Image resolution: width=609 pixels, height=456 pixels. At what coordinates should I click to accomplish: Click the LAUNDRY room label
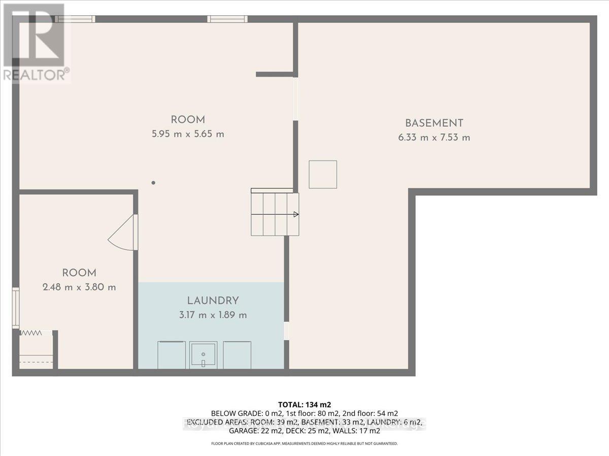point(213,300)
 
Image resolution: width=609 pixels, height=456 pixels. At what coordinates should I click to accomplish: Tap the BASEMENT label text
point(434,123)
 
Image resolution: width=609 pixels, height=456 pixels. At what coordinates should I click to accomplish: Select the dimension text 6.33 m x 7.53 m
point(434,137)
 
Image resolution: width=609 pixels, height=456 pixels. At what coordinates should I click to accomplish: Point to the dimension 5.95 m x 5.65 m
point(188,134)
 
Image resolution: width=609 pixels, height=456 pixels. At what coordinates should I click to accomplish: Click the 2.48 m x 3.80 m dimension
point(79,287)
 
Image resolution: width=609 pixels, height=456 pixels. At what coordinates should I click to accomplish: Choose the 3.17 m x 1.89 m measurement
point(213,315)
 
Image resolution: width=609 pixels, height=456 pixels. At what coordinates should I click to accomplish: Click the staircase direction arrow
point(295,214)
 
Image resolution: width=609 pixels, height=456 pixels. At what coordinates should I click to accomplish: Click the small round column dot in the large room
point(153,183)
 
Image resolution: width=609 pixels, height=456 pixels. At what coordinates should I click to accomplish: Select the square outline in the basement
point(323,174)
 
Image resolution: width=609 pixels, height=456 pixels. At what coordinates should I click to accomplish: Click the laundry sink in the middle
point(203,355)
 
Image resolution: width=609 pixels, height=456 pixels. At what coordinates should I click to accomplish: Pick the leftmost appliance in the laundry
point(172,355)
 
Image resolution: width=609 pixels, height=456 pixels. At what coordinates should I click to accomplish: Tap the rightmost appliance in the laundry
point(237,355)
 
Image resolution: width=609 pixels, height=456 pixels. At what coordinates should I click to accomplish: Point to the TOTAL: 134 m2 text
point(304,404)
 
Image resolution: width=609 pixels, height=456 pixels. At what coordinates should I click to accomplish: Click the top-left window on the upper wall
point(75,19)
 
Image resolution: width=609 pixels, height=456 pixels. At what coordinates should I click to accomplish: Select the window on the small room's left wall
point(16,308)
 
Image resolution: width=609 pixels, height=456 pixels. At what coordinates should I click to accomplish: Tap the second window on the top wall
point(227,19)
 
